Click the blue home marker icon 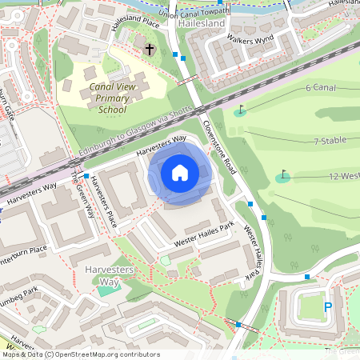pyautogui.click(x=180, y=173)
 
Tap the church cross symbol pyautogui.click(x=149, y=50)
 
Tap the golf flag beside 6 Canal pyautogui.click(x=241, y=109)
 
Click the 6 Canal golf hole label pyautogui.click(x=320, y=86)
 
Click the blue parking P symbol pyautogui.click(x=326, y=306)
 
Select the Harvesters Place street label pyautogui.click(x=102, y=200)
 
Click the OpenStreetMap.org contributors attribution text pyautogui.click(x=104, y=354)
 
